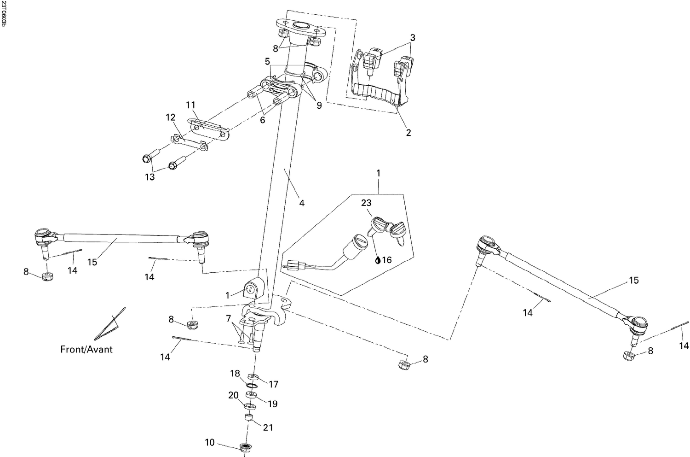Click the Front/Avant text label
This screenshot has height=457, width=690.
pyautogui.click(x=86, y=349)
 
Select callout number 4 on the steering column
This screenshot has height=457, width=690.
pyautogui.click(x=302, y=203)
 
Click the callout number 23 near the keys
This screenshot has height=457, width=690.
pyautogui.click(x=366, y=202)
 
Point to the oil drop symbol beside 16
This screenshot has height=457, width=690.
pyautogui.click(x=378, y=260)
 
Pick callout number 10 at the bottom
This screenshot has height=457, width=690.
pyautogui.click(x=210, y=443)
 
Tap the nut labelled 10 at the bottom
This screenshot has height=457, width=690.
pyautogui.click(x=245, y=446)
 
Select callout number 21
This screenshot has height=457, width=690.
pyautogui.click(x=268, y=428)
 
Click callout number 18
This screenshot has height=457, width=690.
pyautogui.click(x=235, y=374)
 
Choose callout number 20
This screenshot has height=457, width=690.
pyautogui.click(x=234, y=395)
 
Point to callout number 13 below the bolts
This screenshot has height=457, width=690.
pyautogui.click(x=150, y=177)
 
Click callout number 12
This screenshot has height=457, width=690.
pyautogui.click(x=171, y=117)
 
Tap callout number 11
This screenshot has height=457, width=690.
pyautogui.click(x=191, y=105)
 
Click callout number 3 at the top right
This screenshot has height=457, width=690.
pyautogui.click(x=413, y=38)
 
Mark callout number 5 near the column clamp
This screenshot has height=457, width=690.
pyautogui.click(x=267, y=61)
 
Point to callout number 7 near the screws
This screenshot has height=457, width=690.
pyautogui.click(x=228, y=318)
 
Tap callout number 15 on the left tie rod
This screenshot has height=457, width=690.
pyautogui.click(x=92, y=262)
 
